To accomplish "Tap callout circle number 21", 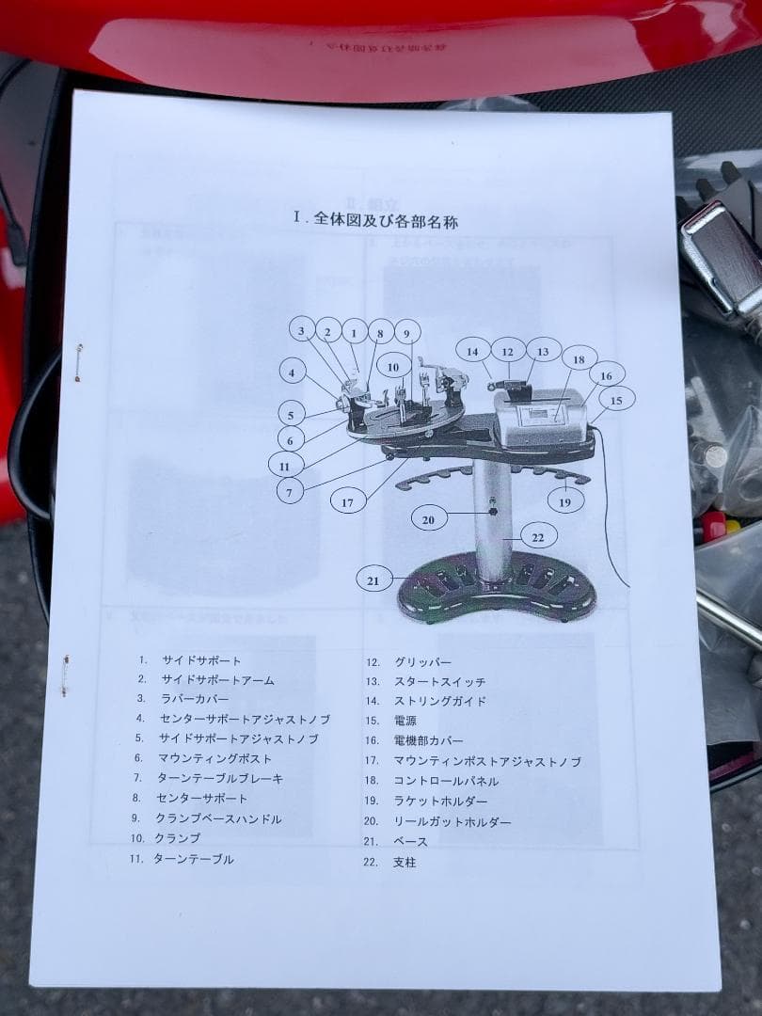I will pyautogui.click(x=373, y=580).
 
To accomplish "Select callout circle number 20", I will pyautogui.click(x=428, y=518).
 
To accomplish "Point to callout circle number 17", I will pyautogui.click(x=348, y=502).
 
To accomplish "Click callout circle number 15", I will pyautogui.click(x=616, y=401).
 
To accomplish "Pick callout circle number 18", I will pyautogui.click(x=579, y=359).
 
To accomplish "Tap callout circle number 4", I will pyautogui.click(x=293, y=373).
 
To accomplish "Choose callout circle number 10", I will pyautogui.click(x=393, y=367).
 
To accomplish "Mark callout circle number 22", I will pyautogui.click(x=537, y=537).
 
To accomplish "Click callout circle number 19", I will pyautogui.click(x=564, y=502).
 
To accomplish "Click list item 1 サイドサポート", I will pyautogui.click(x=199, y=660).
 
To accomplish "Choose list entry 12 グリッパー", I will pyautogui.click(x=421, y=662).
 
